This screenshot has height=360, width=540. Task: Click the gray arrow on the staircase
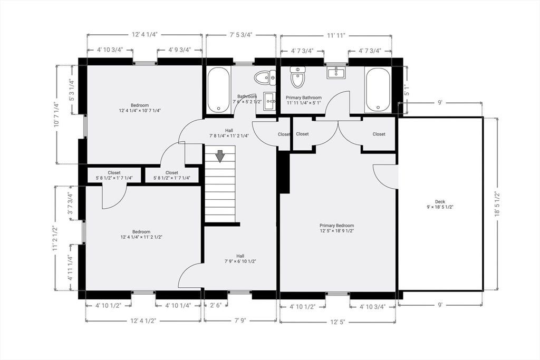click(220, 156)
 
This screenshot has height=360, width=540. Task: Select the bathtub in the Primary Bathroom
click(378, 90)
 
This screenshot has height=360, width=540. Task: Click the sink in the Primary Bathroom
click(336, 73)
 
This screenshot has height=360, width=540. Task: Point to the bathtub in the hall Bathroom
click(218, 89)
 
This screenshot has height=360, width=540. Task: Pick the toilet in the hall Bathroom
click(265, 78)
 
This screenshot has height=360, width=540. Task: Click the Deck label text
click(440, 205)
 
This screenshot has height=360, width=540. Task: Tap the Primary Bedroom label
click(336, 228)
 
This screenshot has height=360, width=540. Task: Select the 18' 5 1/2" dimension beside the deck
click(497, 204)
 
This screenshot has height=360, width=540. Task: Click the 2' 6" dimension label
click(216, 305)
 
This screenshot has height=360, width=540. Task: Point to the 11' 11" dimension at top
click(336, 35)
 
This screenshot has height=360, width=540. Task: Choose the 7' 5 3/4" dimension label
click(241, 35)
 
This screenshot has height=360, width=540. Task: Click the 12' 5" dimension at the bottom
click(337, 322)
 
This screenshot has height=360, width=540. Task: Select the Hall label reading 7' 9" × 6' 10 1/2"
click(240, 258)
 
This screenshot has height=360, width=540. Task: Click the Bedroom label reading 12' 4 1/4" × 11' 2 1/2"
click(141, 235)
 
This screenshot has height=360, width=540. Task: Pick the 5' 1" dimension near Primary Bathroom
click(407, 90)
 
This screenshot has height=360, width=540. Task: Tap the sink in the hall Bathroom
click(269, 101)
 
